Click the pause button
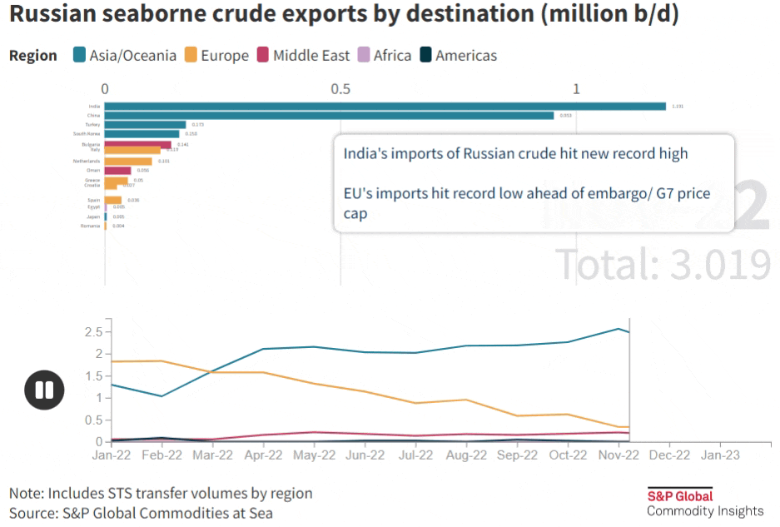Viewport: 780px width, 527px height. pyautogui.click(x=44, y=390)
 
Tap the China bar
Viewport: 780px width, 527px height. pyautogui.click(x=329, y=116)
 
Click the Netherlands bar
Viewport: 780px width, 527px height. pyautogui.click(x=128, y=161)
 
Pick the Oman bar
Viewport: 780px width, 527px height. pyautogui.click(x=117, y=171)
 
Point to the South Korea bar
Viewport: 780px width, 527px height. pyautogui.click(x=142, y=133)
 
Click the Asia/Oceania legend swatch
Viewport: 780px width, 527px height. pyautogui.click(x=81, y=56)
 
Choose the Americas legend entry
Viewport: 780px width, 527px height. pyautogui.click(x=457, y=56)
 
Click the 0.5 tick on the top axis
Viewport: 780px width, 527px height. pyautogui.click(x=340, y=89)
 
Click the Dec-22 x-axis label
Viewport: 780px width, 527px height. pyautogui.click(x=669, y=455)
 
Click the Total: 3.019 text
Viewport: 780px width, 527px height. pyautogui.click(x=663, y=264)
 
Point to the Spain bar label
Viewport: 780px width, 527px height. pyautogui.click(x=93, y=200)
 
